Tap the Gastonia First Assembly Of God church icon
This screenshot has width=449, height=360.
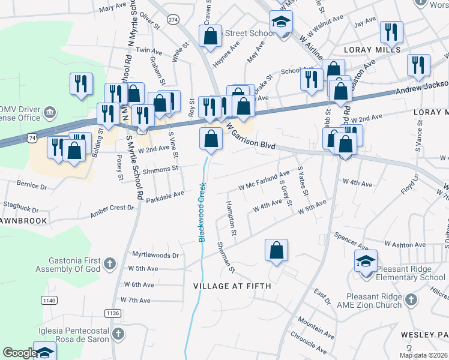tap(109, 263)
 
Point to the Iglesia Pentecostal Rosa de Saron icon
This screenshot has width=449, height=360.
tap(118, 334)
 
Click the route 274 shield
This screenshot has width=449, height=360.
tap(173, 20)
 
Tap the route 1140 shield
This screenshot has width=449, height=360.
tap(49, 299)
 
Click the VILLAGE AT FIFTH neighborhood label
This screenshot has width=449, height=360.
tap(232, 287)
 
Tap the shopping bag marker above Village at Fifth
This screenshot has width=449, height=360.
tap(276, 251)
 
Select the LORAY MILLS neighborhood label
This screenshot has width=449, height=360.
tap(368, 50)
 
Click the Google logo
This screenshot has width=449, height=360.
tap(19, 353)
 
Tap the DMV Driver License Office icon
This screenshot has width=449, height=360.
tap(50, 112)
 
